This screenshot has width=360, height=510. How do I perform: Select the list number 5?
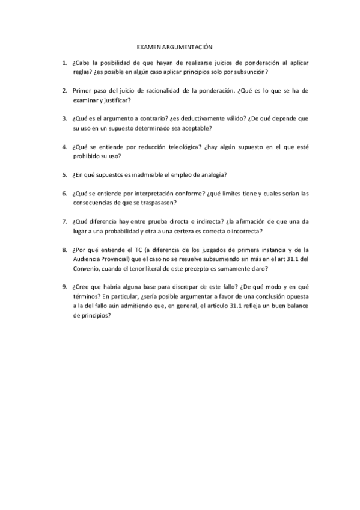[64, 175]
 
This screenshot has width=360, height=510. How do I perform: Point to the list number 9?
[64, 286]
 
